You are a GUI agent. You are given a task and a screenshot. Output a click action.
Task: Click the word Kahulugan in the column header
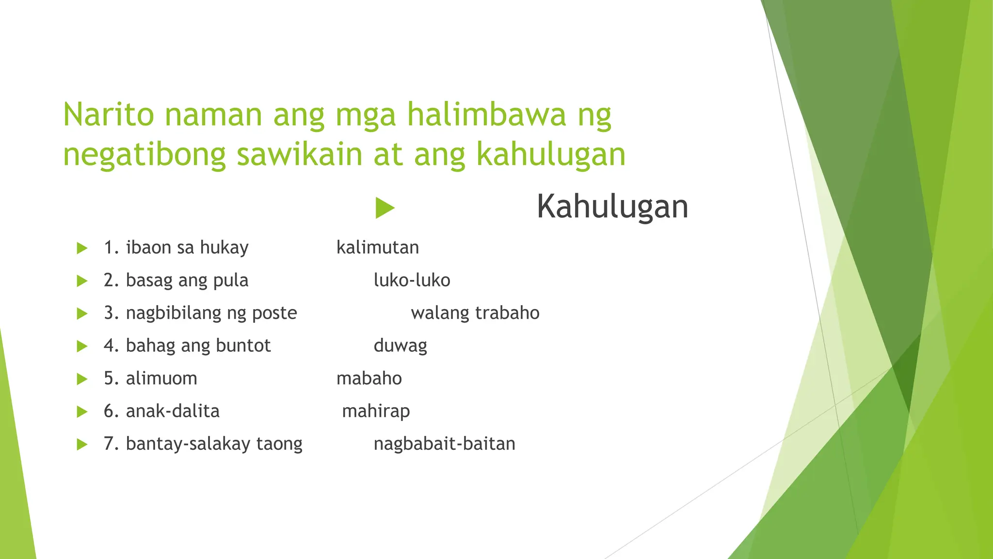[612, 207]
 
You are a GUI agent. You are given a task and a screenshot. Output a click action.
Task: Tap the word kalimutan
[378, 248]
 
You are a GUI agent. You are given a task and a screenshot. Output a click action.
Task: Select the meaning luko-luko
[412, 280]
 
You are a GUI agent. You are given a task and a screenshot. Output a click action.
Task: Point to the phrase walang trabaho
[475, 313]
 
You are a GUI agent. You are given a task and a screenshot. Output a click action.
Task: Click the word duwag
[400, 346]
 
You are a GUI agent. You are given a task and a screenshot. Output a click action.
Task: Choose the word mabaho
[369, 378]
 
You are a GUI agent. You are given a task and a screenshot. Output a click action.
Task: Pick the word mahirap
[376, 411]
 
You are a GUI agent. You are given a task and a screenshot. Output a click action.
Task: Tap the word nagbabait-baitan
[444, 444]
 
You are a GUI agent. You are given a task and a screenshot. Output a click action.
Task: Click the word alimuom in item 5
[161, 378]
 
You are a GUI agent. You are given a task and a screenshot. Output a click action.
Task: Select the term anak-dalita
[173, 411]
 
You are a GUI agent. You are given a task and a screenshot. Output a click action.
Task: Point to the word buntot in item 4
[243, 345]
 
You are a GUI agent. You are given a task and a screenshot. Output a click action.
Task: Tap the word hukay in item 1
[224, 248]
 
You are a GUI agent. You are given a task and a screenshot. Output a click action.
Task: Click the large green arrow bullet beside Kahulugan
[385, 208]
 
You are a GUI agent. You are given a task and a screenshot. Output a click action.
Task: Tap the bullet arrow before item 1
[82, 248]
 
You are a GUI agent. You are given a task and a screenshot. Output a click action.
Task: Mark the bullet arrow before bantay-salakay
[82, 444]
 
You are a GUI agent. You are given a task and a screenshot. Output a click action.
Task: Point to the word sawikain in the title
[299, 154]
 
